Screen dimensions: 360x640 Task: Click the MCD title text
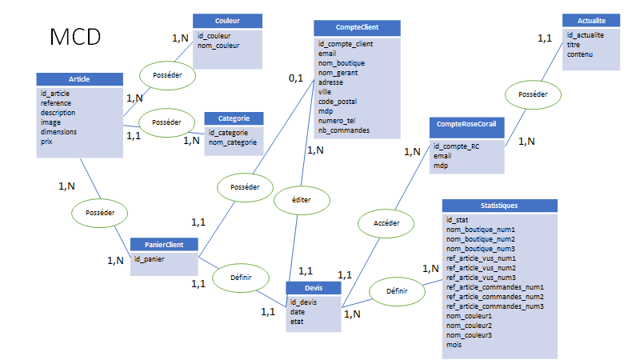click(75, 37)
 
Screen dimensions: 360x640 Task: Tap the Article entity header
click(79, 79)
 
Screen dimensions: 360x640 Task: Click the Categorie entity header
click(233, 118)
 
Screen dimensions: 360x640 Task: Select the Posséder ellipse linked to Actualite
click(533, 94)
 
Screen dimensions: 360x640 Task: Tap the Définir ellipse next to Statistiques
click(397, 293)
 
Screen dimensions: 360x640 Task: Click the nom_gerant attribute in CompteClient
click(338, 72)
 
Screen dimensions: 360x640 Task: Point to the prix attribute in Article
click(47, 141)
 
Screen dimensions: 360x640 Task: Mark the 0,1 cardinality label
click(296, 78)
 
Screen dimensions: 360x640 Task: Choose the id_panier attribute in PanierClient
click(149, 259)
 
